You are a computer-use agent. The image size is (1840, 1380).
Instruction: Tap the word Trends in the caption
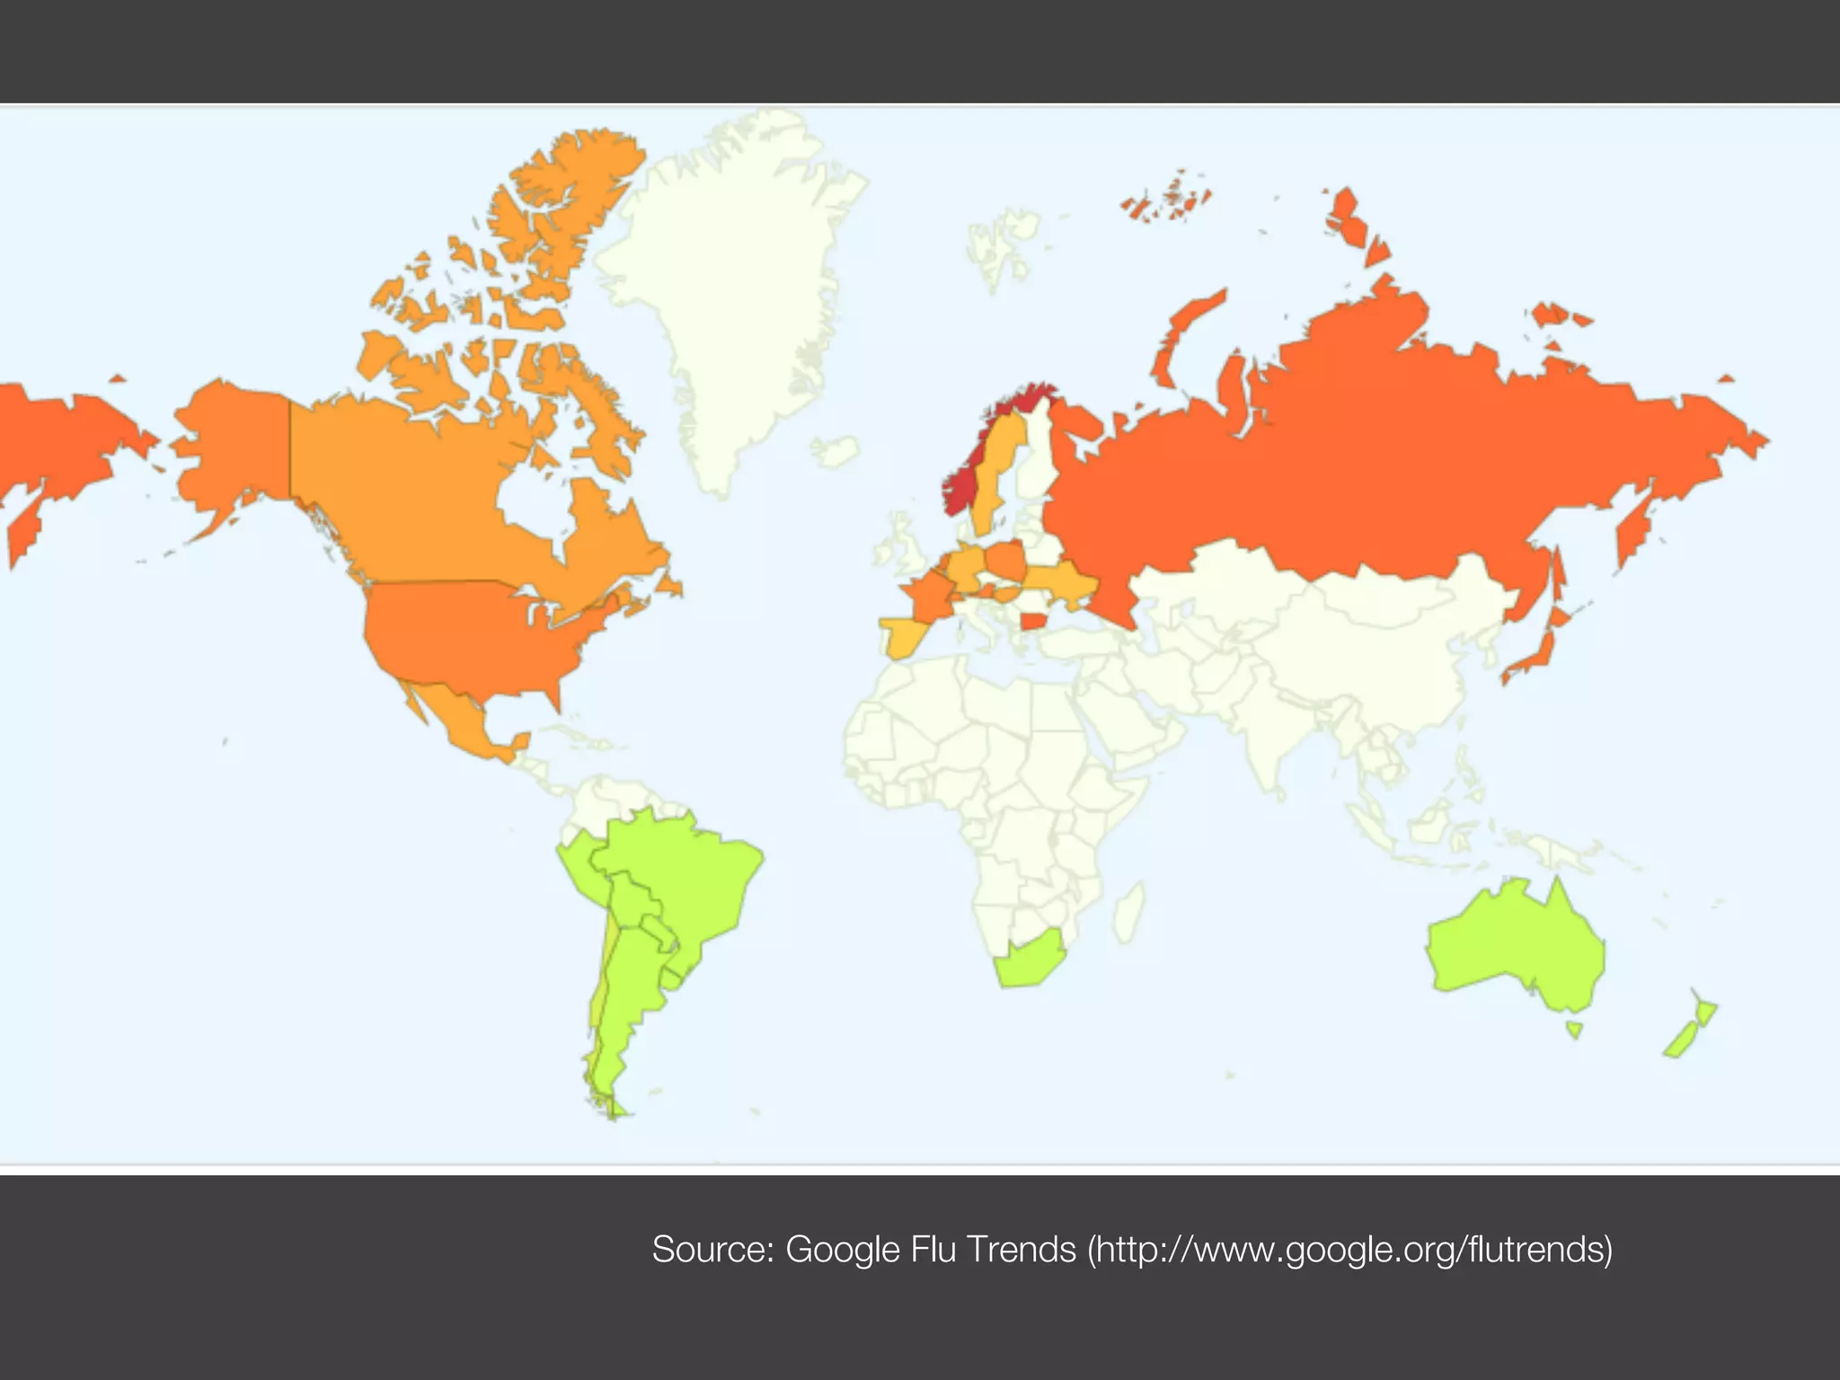[1022, 1250]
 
